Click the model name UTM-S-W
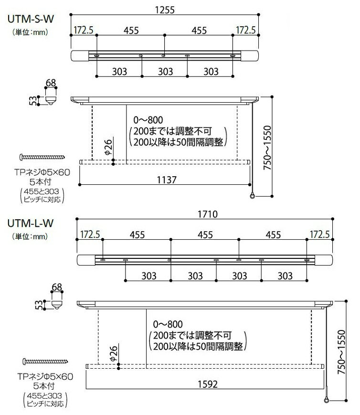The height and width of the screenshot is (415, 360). [x=31, y=19]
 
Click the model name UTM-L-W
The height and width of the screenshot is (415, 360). [x=31, y=223]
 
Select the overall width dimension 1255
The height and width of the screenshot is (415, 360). [x=165, y=10]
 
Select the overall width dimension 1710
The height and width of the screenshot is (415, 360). [x=208, y=214]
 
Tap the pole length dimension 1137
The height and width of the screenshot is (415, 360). [x=167, y=180]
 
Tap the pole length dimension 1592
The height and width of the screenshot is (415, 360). [x=208, y=384]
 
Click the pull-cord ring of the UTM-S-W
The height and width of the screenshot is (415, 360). [x=252, y=196]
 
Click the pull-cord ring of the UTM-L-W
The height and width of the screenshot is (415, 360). [x=327, y=400]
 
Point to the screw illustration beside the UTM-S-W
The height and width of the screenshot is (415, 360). [x=42, y=157]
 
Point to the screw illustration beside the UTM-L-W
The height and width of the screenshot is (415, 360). [x=45, y=361]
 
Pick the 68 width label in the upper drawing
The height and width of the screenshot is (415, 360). [x=51, y=83]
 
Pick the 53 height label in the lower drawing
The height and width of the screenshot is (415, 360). [x=39, y=305]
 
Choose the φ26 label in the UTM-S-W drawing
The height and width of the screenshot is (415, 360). [x=108, y=147]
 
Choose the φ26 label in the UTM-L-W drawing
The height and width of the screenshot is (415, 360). [x=113, y=353]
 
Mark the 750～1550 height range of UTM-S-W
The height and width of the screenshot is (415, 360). [x=267, y=148]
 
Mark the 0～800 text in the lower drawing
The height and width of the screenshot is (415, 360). [x=168, y=324]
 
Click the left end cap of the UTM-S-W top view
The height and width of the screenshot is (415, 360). [x=80, y=56]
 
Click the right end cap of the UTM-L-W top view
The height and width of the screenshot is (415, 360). [x=324, y=260]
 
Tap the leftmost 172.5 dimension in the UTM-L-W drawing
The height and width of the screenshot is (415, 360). [x=90, y=234]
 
